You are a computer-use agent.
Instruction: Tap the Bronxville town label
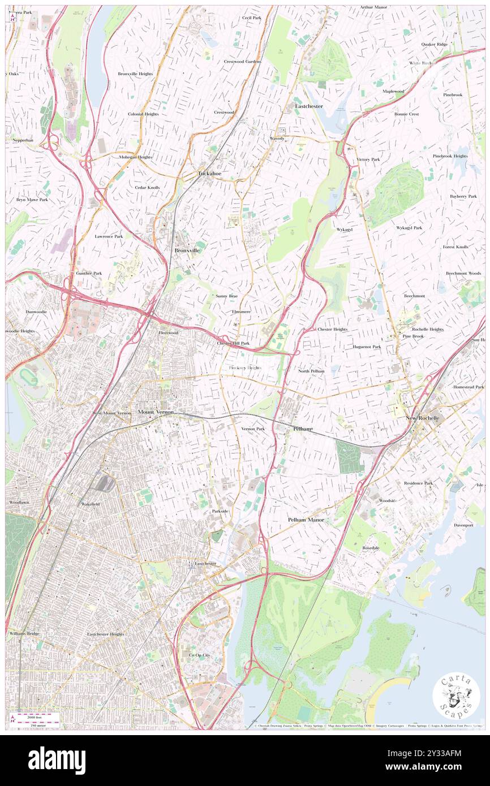pos(187,250)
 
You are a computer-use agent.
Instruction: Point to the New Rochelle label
pos(422,418)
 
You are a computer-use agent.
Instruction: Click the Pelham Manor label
pos(306,519)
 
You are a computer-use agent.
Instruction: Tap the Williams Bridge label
pos(24,634)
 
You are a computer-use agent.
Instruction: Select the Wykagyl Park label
pos(409,227)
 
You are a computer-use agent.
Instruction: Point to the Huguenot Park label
pos(367,347)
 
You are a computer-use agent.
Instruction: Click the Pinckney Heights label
pos(244,368)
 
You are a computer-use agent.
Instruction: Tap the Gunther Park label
pos(89,273)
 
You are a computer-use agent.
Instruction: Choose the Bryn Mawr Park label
pos(32,200)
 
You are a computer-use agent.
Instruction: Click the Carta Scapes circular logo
pos(456,697)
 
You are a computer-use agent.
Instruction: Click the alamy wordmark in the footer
pos(57,760)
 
